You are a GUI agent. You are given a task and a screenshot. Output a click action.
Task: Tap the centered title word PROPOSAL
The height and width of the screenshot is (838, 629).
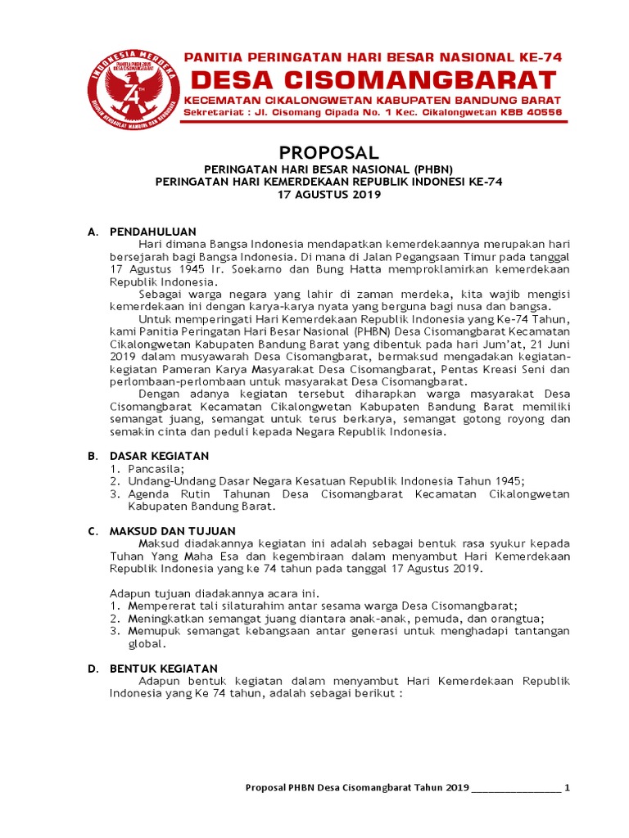tap(318, 153)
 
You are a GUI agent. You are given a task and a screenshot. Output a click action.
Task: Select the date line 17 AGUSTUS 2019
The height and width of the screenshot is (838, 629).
tap(318, 195)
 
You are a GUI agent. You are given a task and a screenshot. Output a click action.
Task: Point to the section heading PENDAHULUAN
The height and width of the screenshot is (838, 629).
tap(153, 232)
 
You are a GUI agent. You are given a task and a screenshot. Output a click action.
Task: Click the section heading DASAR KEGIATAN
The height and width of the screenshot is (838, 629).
tap(160, 455)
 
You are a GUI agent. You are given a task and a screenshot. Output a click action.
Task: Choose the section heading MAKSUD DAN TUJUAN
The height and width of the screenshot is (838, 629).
tap(173, 531)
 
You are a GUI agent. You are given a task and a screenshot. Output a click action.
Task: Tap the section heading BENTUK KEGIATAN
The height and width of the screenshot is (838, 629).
tap(164, 669)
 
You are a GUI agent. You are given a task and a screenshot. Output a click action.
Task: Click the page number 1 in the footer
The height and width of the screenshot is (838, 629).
tap(567, 787)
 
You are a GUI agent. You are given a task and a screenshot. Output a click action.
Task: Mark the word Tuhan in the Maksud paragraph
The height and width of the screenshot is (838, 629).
tap(124, 556)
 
